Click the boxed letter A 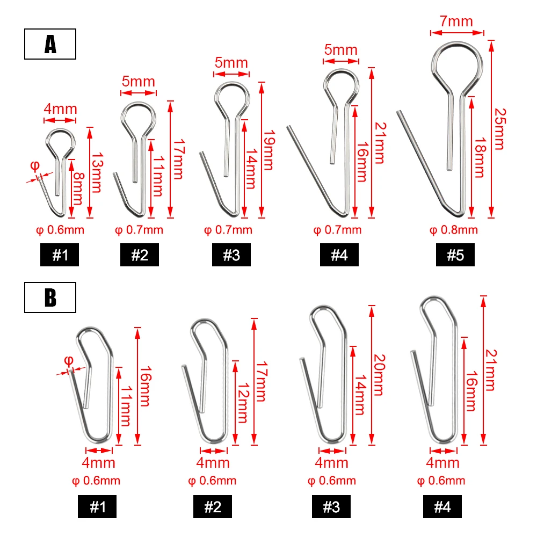[50, 45]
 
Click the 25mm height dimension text [499, 128]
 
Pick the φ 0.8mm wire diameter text [454, 230]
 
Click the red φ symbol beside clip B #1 [69, 359]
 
